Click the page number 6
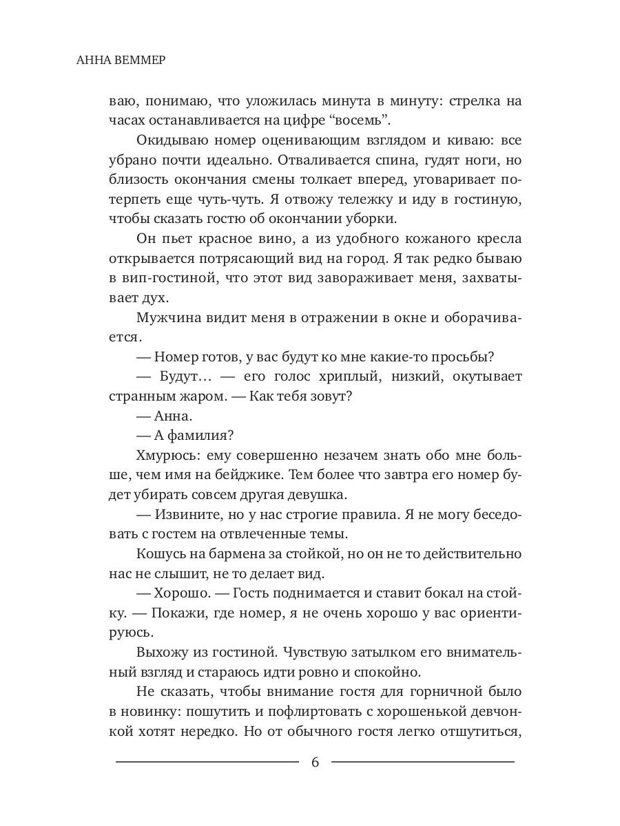tap(315, 762)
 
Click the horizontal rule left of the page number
tap(207, 762)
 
